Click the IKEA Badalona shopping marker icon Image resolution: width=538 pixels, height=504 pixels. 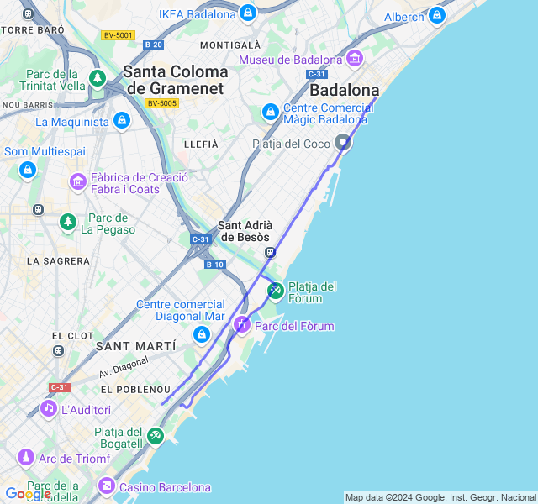pyautogui.click(x=248, y=13)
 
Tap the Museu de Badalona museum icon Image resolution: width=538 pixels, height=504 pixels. pyautogui.click(x=354, y=59)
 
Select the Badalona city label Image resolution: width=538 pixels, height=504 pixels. pyautogui.click(x=344, y=90)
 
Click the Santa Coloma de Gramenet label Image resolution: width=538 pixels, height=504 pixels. pyautogui.click(x=175, y=80)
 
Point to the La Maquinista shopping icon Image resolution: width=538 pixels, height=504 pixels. pyautogui.click(x=122, y=121)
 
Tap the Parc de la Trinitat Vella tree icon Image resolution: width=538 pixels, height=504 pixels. pyautogui.click(x=98, y=79)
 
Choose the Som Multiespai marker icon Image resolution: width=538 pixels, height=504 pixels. pyautogui.click(x=28, y=170)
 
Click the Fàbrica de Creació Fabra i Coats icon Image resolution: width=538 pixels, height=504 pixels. pyautogui.click(x=78, y=181)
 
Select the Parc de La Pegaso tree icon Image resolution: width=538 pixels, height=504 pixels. pyautogui.click(x=68, y=222)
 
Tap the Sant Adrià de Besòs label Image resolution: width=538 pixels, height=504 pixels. pyautogui.click(x=245, y=231)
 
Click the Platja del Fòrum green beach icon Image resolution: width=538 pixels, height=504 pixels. pyautogui.click(x=275, y=291)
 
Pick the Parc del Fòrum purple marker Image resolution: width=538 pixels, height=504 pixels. pyautogui.click(x=242, y=325)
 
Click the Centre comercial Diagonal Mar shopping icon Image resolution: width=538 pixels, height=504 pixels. pyautogui.click(x=201, y=335)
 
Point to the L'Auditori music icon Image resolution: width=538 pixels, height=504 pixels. pyautogui.click(x=49, y=409)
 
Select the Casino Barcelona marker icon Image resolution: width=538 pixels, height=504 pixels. pyautogui.click(x=107, y=486)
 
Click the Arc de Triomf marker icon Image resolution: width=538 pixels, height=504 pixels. pyautogui.click(x=26, y=458)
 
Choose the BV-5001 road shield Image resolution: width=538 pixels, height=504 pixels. pyautogui.click(x=118, y=35)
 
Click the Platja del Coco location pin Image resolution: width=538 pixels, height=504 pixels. pyautogui.click(x=343, y=143)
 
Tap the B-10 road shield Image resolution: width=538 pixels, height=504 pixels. pyautogui.click(x=215, y=265)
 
